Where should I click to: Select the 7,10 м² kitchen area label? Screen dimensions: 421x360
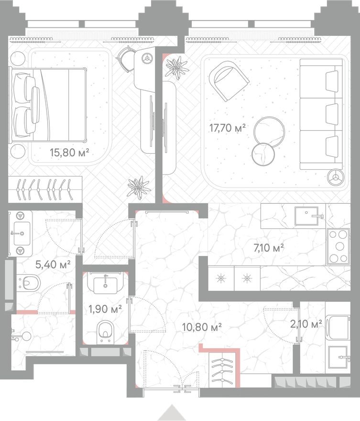pos(268,247)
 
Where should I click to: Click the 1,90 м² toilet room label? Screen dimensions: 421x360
pos(105,309)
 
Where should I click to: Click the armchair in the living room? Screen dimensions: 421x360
pos(228,82)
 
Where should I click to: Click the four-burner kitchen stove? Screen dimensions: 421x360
pos(339,247)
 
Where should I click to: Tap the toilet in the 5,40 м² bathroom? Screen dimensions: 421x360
pos(30,283)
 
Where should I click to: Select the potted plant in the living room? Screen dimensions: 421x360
pos(177,67)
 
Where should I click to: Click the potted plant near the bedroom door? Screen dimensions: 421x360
pos(138,187)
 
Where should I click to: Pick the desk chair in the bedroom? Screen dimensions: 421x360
pos(125,59)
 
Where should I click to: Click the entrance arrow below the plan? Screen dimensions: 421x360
pos(172,413)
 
